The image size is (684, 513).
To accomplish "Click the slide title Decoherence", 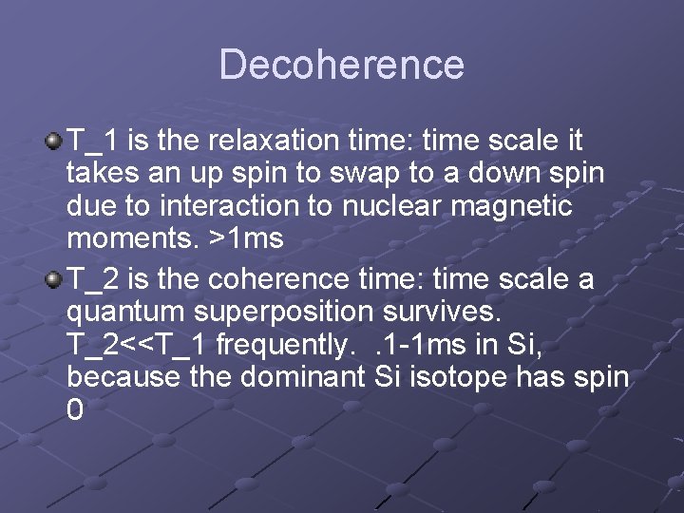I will (x=342, y=65).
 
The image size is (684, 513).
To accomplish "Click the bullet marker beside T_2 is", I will (x=55, y=279).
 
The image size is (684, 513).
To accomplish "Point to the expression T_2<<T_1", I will (x=138, y=345).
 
